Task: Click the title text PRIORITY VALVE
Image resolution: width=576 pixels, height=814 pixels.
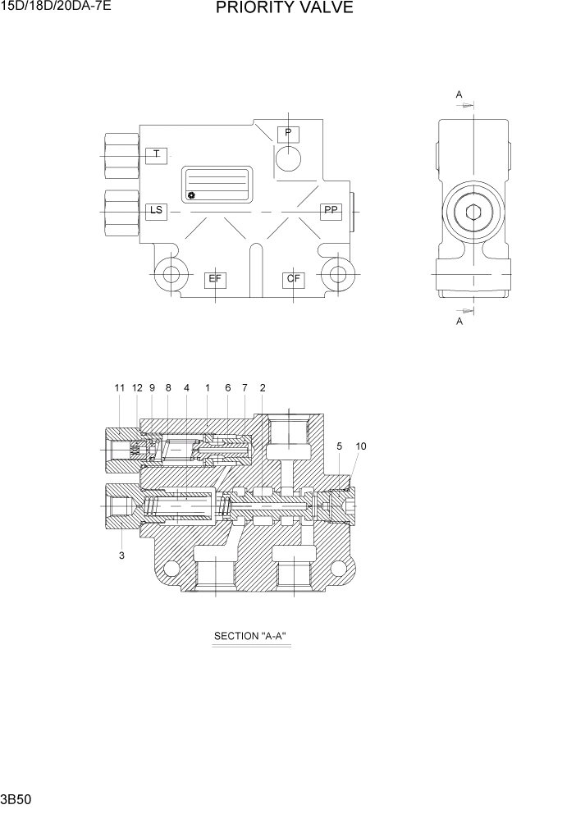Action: pos(285,9)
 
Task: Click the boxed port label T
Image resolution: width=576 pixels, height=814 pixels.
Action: pos(156,154)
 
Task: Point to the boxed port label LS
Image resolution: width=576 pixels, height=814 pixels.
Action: pos(156,211)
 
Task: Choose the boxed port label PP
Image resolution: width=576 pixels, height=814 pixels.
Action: pos(331,211)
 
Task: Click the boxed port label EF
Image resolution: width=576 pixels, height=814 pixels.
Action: pos(215,279)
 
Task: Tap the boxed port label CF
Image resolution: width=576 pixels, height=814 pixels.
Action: pos(294,279)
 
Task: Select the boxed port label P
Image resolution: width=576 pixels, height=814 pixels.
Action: pos(288,133)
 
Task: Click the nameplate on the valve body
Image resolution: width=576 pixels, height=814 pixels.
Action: pos(216,185)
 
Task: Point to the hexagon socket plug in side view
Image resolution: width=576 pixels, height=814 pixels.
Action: pos(473,214)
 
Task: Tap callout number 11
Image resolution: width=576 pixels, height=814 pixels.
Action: pos(119,387)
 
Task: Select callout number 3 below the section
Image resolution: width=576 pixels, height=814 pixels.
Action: pos(121,556)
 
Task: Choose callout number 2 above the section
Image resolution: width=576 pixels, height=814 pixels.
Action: pos(263,387)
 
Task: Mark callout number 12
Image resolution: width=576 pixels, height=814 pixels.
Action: pos(137,387)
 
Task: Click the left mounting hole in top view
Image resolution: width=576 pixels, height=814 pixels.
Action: pos(171,275)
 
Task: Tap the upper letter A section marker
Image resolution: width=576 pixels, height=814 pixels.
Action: pos(459,94)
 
